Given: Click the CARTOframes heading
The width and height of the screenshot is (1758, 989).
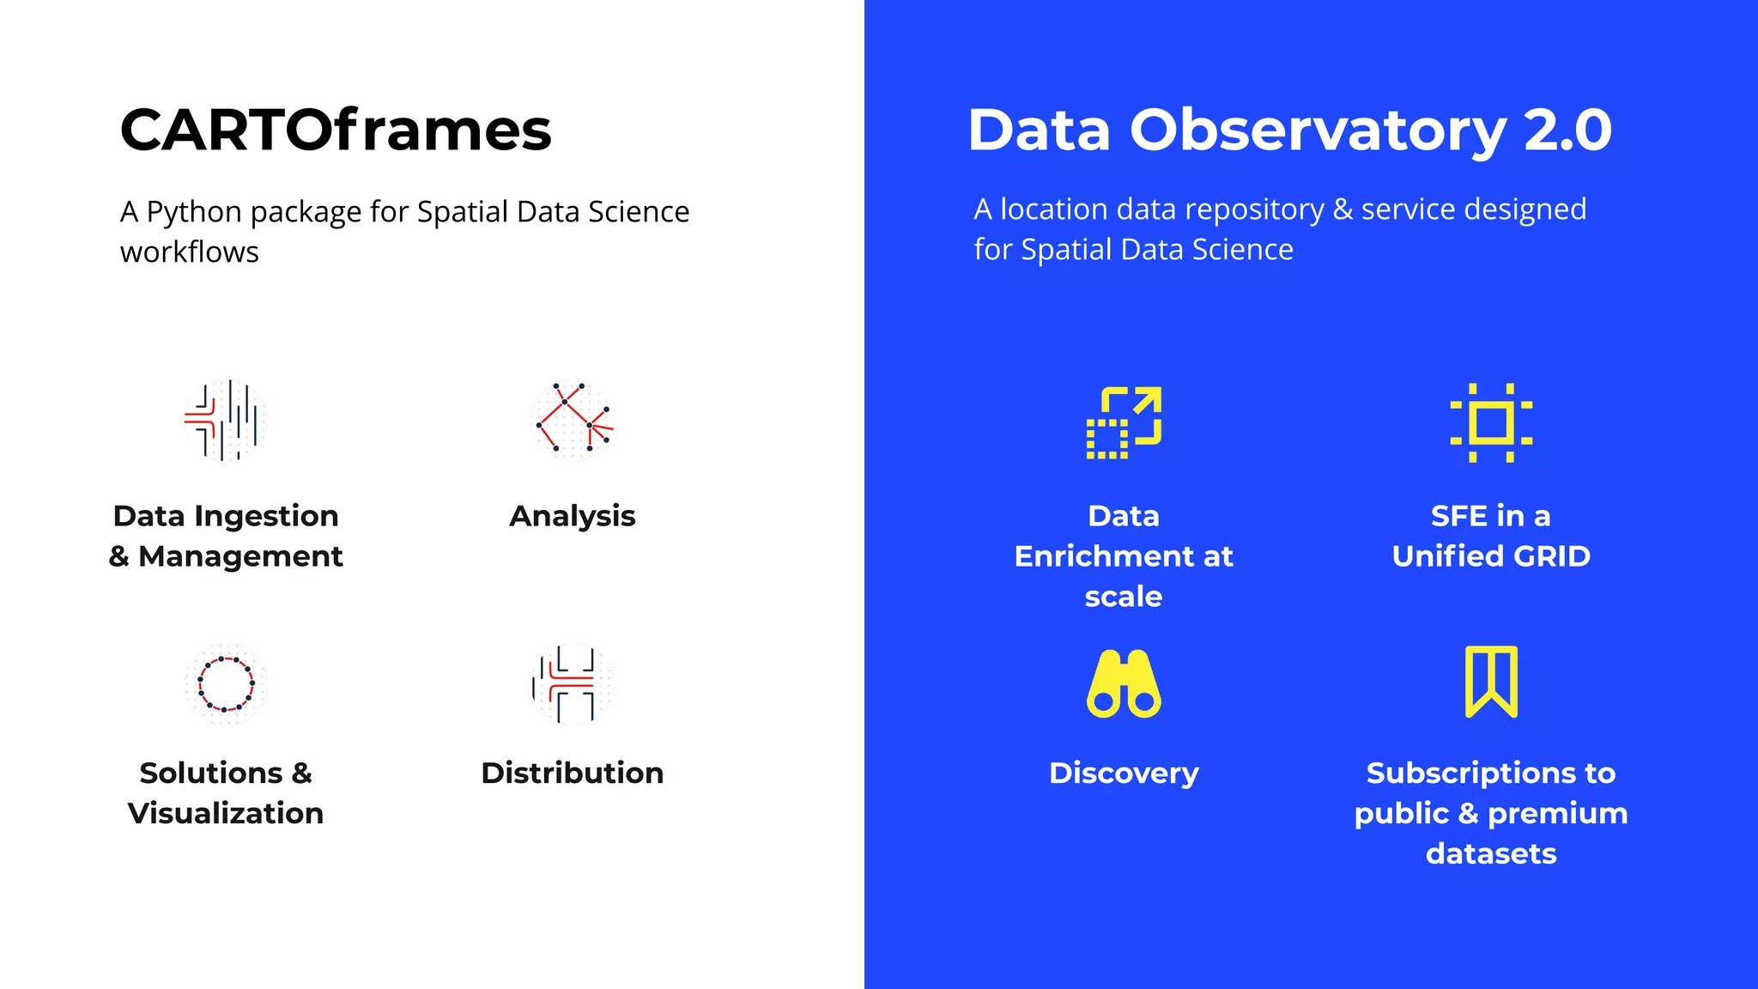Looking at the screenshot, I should click(336, 130).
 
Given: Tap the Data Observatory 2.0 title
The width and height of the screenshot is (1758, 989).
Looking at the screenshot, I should click(1289, 130).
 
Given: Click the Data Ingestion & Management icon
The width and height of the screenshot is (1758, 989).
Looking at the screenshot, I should click(225, 421).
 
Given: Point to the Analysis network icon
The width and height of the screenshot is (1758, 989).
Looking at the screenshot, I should click(573, 421).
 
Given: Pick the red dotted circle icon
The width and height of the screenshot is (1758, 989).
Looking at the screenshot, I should click(226, 684).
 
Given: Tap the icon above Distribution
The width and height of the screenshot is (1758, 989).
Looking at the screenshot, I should click(573, 684).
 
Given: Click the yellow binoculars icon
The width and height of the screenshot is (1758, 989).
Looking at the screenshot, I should click(1124, 683).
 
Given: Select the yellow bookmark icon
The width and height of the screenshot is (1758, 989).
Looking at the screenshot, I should click(1491, 682).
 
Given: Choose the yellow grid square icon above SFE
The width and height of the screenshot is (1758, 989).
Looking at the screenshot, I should click(1491, 422).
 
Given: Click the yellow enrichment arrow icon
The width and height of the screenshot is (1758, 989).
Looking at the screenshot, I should click(1124, 422).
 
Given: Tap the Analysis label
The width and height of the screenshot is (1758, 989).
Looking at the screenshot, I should click(573, 516).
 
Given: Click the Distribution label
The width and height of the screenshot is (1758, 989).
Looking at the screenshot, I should click(573, 773).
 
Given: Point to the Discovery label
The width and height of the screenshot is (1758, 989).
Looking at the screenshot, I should click(1124, 773).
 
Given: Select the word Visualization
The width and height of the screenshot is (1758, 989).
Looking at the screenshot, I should click(226, 813).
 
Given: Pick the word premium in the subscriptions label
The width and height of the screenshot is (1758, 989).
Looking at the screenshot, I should click(1557, 813).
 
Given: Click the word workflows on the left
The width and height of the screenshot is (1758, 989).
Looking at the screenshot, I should click(190, 252).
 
